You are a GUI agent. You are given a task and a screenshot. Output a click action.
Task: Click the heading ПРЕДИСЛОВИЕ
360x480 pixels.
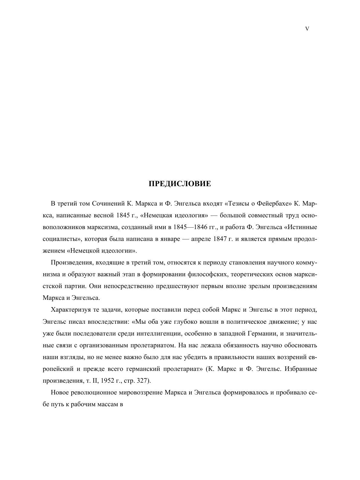[x=180, y=184]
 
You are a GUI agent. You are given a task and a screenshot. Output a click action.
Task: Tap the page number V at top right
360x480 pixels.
[x=307, y=29]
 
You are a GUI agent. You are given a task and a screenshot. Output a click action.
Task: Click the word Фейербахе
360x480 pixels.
[x=274, y=203]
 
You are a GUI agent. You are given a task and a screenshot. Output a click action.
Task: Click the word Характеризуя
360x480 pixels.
[x=70, y=310]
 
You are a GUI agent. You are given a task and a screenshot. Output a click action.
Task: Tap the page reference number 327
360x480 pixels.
[x=142, y=381]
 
